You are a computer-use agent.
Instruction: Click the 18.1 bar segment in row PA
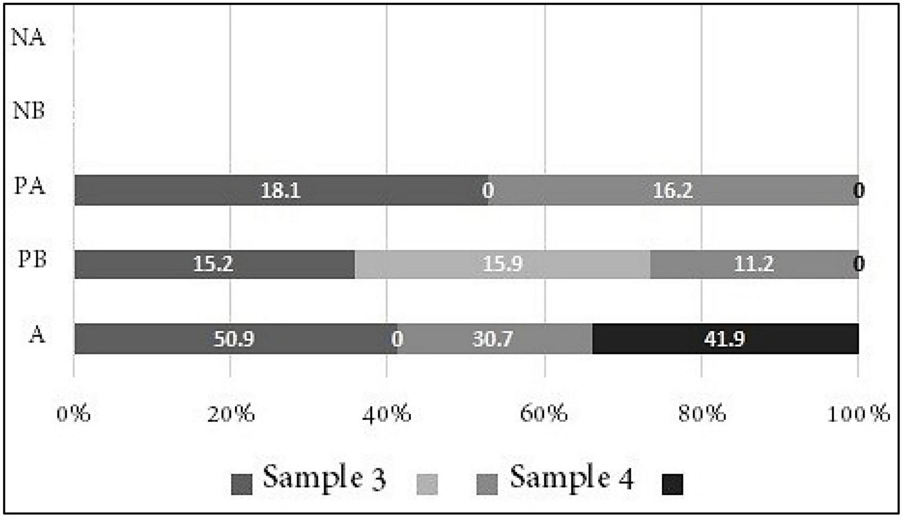(281, 190)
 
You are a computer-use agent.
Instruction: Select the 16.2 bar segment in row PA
(673, 190)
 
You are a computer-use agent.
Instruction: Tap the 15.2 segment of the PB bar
(214, 264)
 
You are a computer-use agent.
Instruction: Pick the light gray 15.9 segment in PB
(502, 264)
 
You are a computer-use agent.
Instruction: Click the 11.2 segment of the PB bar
(753, 264)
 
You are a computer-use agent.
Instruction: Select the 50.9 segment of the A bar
(234, 339)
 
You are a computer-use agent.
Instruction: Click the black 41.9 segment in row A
(725, 339)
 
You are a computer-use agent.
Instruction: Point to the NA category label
(29, 38)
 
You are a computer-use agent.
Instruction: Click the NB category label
(29, 111)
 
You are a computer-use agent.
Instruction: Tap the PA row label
(30, 186)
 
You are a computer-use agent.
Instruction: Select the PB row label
(32, 261)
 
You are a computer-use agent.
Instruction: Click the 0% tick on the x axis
(74, 413)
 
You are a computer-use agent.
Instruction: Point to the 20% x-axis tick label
(231, 413)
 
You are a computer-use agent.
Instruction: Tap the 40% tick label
(387, 413)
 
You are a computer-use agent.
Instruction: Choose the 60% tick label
(545, 413)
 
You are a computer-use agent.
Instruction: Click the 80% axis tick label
(701, 413)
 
